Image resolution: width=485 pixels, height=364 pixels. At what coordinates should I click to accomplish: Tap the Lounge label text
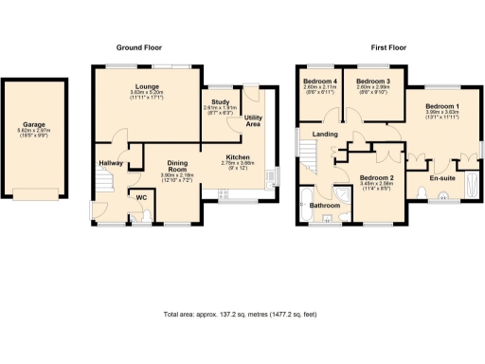click(x=145, y=86)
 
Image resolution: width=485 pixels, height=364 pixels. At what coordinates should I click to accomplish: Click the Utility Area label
click(x=253, y=120)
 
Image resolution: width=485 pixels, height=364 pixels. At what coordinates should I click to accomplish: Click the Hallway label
click(x=112, y=162)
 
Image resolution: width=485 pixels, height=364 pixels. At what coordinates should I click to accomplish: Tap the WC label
click(x=141, y=197)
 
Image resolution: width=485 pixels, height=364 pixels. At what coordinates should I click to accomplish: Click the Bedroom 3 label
click(x=372, y=82)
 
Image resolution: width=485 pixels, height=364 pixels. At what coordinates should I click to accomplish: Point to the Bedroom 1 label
click(x=441, y=105)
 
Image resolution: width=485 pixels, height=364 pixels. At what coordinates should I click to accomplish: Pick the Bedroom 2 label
click(x=376, y=177)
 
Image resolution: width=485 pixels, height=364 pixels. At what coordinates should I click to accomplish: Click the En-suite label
click(x=441, y=177)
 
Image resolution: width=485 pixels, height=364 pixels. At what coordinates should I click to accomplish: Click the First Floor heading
click(x=390, y=47)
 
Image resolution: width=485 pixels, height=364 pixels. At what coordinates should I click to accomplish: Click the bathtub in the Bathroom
click(x=305, y=206)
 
